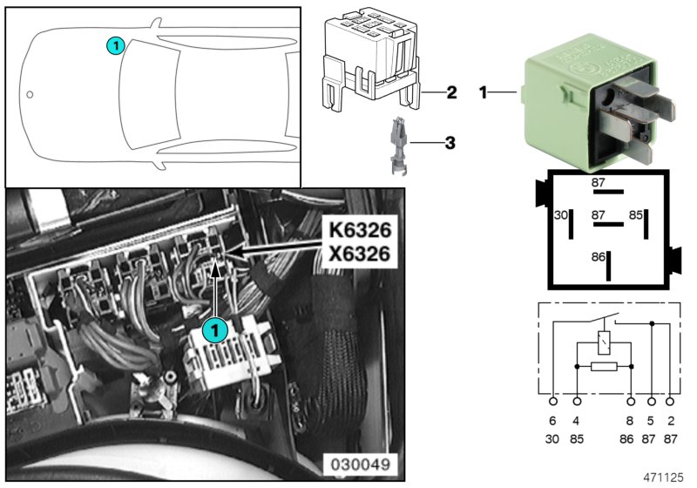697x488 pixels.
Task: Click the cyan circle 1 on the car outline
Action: point(115,44)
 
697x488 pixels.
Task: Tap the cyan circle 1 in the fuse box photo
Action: point(214,330)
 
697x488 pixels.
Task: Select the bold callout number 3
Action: point(451,141)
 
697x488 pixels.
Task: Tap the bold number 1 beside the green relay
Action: point(484,91)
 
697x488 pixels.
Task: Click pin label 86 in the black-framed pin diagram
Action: point(597,258)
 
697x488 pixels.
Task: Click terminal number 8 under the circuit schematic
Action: point(631,421)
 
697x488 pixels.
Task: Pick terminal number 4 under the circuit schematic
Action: point(576,421)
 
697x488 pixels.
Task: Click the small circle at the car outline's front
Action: point(30,94)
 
